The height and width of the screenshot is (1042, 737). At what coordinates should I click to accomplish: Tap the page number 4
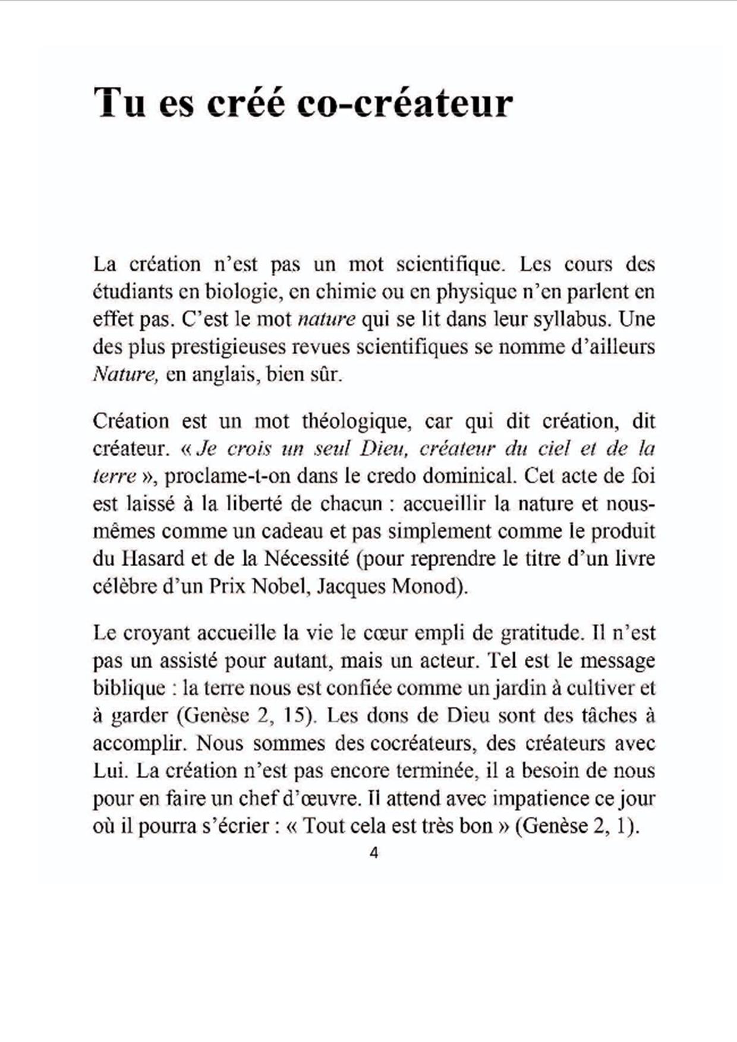(x=374, y=853)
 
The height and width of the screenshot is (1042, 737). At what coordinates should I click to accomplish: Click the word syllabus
(x=571, y=320)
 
